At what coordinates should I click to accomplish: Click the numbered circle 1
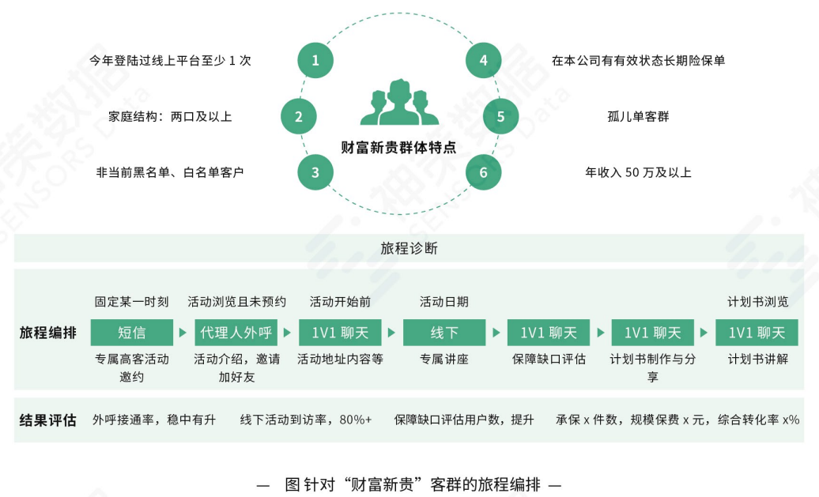315,60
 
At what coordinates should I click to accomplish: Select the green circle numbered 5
500,117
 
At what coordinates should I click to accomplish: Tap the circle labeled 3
315,172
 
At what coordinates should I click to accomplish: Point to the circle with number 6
483,172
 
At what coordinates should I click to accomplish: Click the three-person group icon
399,104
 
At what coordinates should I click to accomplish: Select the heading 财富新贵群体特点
398,148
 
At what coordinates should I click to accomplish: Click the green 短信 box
132,333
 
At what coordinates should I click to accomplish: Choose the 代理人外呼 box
236,333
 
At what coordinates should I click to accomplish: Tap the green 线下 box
444,333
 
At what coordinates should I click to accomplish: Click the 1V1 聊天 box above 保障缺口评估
549,333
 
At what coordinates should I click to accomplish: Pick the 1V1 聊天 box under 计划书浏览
757,333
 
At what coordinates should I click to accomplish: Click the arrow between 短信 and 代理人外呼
183,333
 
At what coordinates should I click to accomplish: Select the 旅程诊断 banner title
409,248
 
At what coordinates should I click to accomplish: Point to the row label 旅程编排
48,333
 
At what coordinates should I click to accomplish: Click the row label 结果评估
48,420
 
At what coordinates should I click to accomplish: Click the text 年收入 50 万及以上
637,172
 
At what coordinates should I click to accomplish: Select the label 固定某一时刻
132,302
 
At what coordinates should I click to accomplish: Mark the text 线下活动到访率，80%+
306,420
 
